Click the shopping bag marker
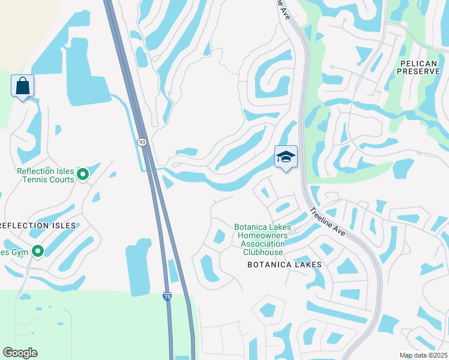22,86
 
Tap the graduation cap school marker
286,157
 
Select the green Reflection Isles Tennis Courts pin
83,175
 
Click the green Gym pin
38,251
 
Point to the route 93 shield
142,142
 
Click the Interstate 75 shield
167,296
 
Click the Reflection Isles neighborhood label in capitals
38,226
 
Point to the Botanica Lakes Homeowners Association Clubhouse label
262,240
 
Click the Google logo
20,352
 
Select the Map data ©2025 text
423,355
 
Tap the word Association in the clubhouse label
262,244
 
